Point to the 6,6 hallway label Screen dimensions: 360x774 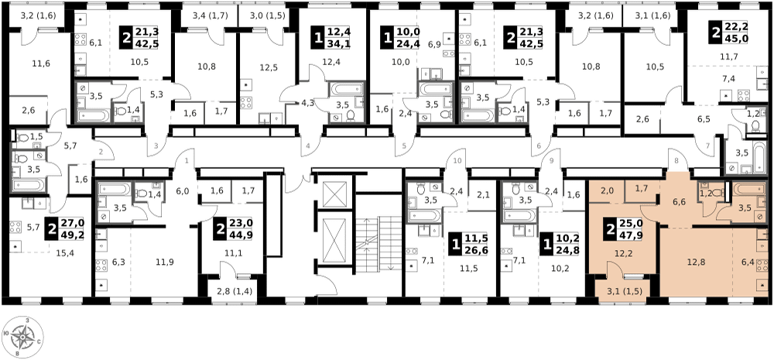679,203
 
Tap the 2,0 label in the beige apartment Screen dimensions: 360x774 607,190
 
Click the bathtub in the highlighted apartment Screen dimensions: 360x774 747,188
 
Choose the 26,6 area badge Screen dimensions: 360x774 474,251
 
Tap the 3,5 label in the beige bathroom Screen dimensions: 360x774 745,208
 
